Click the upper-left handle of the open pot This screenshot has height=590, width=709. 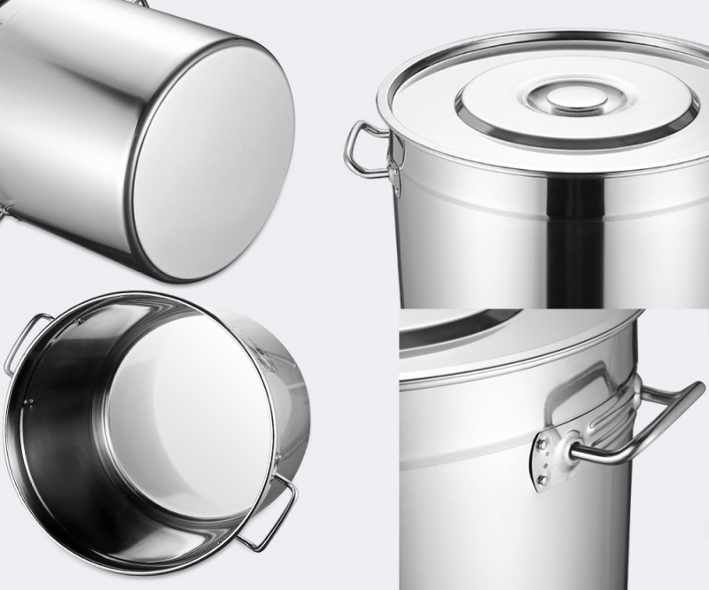point(22,341)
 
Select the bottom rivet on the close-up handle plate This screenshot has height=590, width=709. point(541,481)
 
